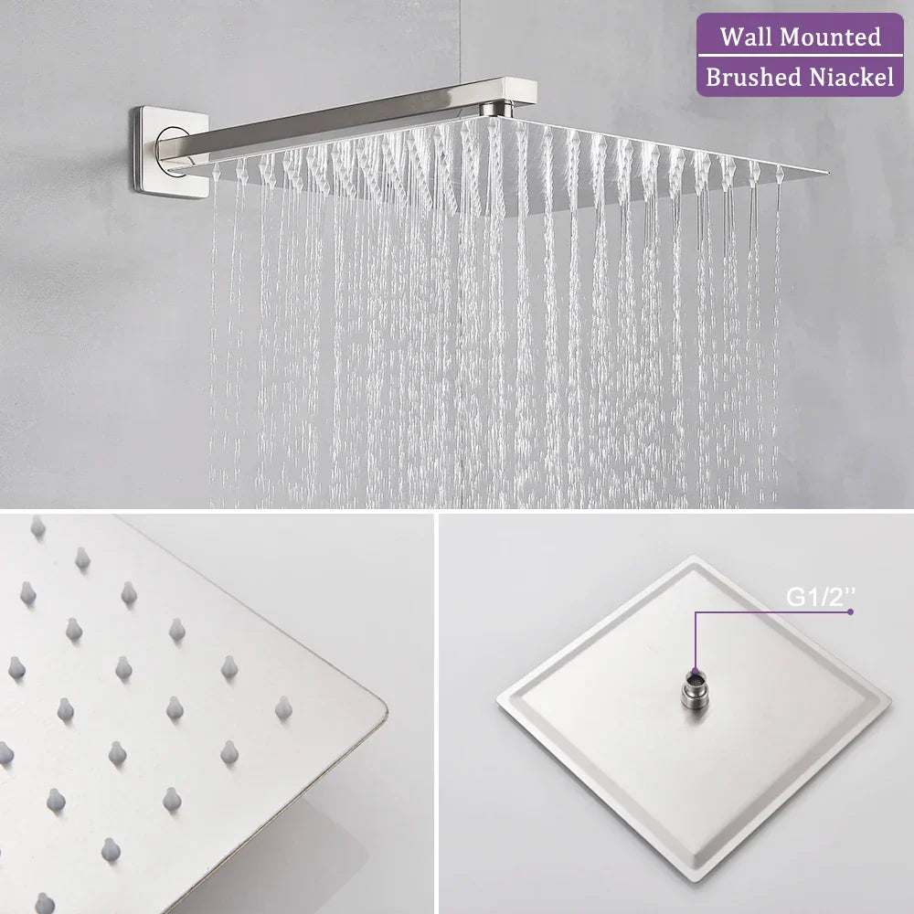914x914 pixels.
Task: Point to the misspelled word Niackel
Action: click(850, 78)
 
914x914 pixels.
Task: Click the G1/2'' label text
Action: click(821, 597)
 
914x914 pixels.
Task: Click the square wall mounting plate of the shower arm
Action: click(169, 149)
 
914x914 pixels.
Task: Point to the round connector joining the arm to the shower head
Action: click(494, 110)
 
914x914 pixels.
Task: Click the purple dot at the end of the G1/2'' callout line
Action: click(851, 611)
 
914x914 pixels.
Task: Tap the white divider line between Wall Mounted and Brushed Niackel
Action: click(801, 58)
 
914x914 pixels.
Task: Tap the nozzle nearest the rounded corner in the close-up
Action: click(283, 707)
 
